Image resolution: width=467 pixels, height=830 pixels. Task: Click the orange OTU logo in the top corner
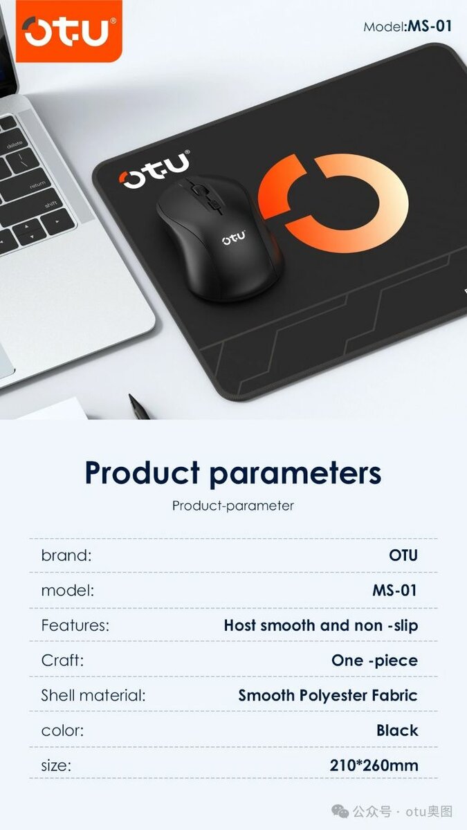click(68, 31)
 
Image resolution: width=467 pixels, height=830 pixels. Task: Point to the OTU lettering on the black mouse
click(233, 239)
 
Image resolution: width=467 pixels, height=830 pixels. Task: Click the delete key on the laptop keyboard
click(15, 146)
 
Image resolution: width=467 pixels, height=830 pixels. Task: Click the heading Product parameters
click(233, 473)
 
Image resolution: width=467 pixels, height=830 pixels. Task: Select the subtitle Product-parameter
click(233, 506)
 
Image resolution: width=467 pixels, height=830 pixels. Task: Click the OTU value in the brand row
click(403, 555)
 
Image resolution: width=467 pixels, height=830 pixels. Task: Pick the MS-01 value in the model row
click(394, 590)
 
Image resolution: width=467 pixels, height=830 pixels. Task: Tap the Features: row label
click(75, 625)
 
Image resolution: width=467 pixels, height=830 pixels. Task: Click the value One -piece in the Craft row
click(374, 660)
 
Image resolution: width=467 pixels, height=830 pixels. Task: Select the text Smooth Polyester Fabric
click(328, 695)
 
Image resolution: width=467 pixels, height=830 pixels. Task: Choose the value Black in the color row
click(397, 730)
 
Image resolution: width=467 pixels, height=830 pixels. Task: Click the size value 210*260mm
click(374, 765)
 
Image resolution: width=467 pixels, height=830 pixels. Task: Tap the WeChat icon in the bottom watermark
click(340, 811)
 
